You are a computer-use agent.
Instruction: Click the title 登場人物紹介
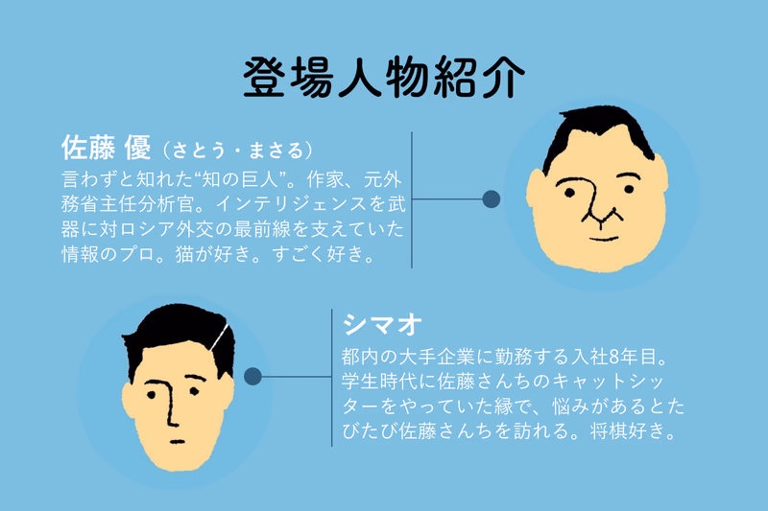[383, 77]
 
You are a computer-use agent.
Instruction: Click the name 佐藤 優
[107, 148]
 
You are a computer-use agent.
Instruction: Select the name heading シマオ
[382, 325]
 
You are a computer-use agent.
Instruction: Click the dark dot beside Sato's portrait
[492, 199]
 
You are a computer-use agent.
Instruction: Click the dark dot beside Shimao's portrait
[252, 376]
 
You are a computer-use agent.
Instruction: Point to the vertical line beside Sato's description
[412, 199]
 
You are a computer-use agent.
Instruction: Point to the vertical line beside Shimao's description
[331, 378]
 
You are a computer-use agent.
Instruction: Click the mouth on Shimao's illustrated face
[178, 442]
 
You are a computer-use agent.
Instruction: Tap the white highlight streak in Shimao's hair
[219, 337]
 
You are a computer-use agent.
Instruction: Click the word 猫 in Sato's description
[184, 254]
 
